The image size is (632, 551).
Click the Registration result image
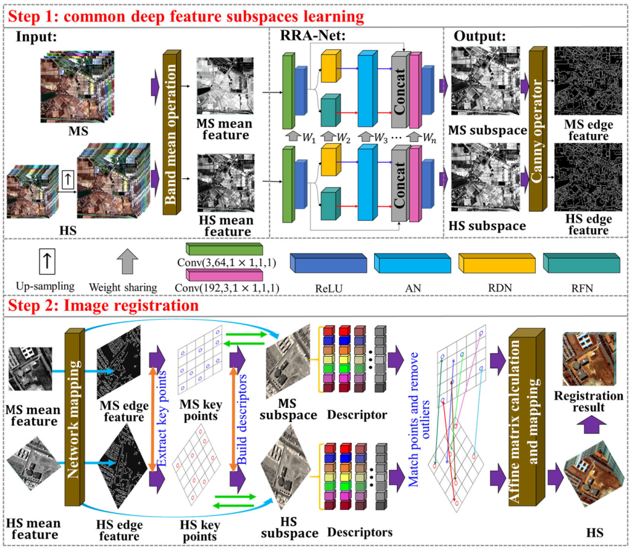click(x=588, y=358)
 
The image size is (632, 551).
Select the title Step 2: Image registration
click(x=102, y=305)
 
